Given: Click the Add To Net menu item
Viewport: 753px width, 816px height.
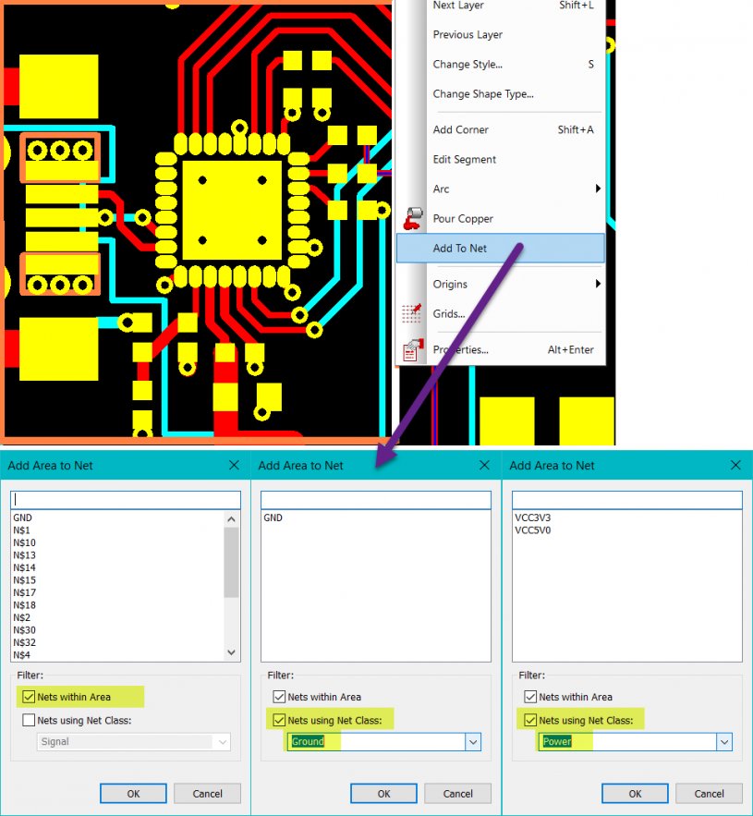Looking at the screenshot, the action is tap(459, 249).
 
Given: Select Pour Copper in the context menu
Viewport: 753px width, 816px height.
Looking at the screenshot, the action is tap(463, 219).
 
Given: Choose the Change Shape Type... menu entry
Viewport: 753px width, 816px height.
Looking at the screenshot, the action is tap(483, 94).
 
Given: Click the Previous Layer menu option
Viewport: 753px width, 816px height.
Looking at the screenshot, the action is tap(468, 35).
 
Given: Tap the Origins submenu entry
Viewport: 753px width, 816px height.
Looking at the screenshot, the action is tap(450, 284).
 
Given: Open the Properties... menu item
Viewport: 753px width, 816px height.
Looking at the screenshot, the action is tap(460, 349).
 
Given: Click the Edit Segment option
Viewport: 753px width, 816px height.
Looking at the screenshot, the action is tap(464, 159).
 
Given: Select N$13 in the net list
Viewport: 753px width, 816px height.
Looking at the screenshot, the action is tap(24, 555).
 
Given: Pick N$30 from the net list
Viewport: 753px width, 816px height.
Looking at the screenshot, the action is tap(24, 630).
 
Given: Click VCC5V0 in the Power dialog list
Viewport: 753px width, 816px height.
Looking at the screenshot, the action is tap(532, 530).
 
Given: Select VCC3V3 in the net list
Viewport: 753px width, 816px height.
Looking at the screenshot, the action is tap(532, 518).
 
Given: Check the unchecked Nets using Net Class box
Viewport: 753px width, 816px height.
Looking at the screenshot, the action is tap(30, 720).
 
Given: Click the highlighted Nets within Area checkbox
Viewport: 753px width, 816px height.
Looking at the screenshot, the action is tap(30, 696).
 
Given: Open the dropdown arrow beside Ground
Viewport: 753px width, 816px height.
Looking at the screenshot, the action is tap(473, 742).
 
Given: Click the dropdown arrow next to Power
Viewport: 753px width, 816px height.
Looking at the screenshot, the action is tap(724, 742).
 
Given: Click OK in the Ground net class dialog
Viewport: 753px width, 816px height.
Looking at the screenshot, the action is tap(383, 794).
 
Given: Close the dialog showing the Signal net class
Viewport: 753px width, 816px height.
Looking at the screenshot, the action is tap(234, 465).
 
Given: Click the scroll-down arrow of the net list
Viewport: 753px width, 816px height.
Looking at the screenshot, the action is tap(232, 652).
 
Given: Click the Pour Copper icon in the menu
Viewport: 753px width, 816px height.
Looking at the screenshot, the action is tap(413, 218).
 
